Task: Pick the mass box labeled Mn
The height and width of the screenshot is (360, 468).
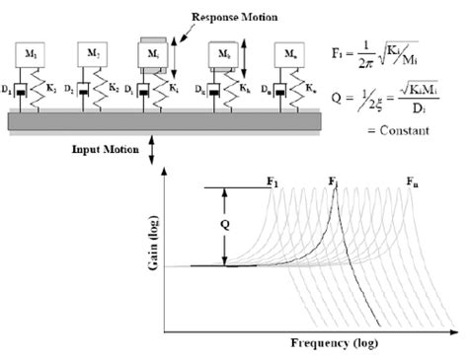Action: [289, 53]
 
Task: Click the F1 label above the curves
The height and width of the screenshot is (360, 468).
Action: [273, 180]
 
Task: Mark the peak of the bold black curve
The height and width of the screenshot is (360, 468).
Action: [335, 191]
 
